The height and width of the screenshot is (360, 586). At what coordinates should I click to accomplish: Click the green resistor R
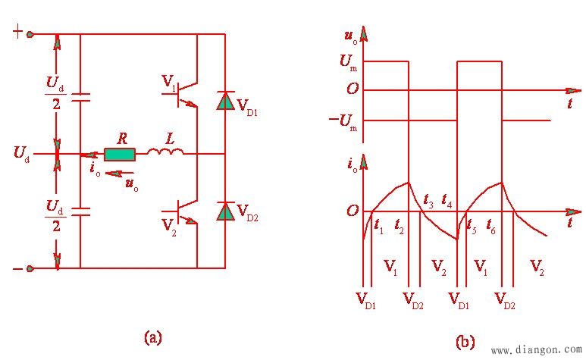coord(120,155)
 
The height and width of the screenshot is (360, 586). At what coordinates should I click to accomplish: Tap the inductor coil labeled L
coord(165,155)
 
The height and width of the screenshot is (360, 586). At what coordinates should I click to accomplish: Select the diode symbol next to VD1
coord(225,101)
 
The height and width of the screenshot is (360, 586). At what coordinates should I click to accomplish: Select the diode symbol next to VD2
coord(225,211)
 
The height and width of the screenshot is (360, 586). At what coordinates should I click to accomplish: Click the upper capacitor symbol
coord(80,97)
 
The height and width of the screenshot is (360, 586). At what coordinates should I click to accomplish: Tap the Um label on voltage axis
coord(349,62)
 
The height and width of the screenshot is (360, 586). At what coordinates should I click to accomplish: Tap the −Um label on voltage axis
coord(343,120)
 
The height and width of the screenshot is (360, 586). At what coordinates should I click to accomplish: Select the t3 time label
coord(428,201)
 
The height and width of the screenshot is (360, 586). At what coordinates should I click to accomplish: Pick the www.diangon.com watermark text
coord(536,350)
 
